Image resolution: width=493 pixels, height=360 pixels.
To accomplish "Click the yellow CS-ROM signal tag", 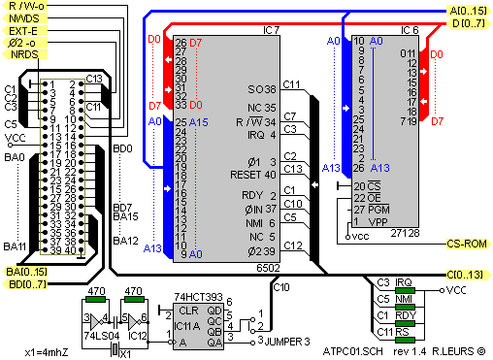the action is (469, 244).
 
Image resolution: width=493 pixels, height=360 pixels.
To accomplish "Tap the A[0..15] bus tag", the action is (469, 11).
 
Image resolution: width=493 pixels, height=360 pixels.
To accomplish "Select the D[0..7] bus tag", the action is (469, 23).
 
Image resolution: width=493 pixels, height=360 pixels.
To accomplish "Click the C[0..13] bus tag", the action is (469, 275).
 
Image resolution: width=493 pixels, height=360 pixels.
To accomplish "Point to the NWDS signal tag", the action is (24, 18).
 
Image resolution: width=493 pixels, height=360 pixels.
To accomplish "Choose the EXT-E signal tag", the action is (24, 31).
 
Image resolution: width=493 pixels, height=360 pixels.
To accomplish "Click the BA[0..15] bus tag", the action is (24, 272).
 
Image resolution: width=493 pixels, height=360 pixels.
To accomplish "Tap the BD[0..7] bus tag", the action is (24, 284).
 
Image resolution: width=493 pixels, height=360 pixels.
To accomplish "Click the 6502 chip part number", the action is (268, 268).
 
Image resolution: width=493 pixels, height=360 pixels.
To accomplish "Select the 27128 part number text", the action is (405, 233).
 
